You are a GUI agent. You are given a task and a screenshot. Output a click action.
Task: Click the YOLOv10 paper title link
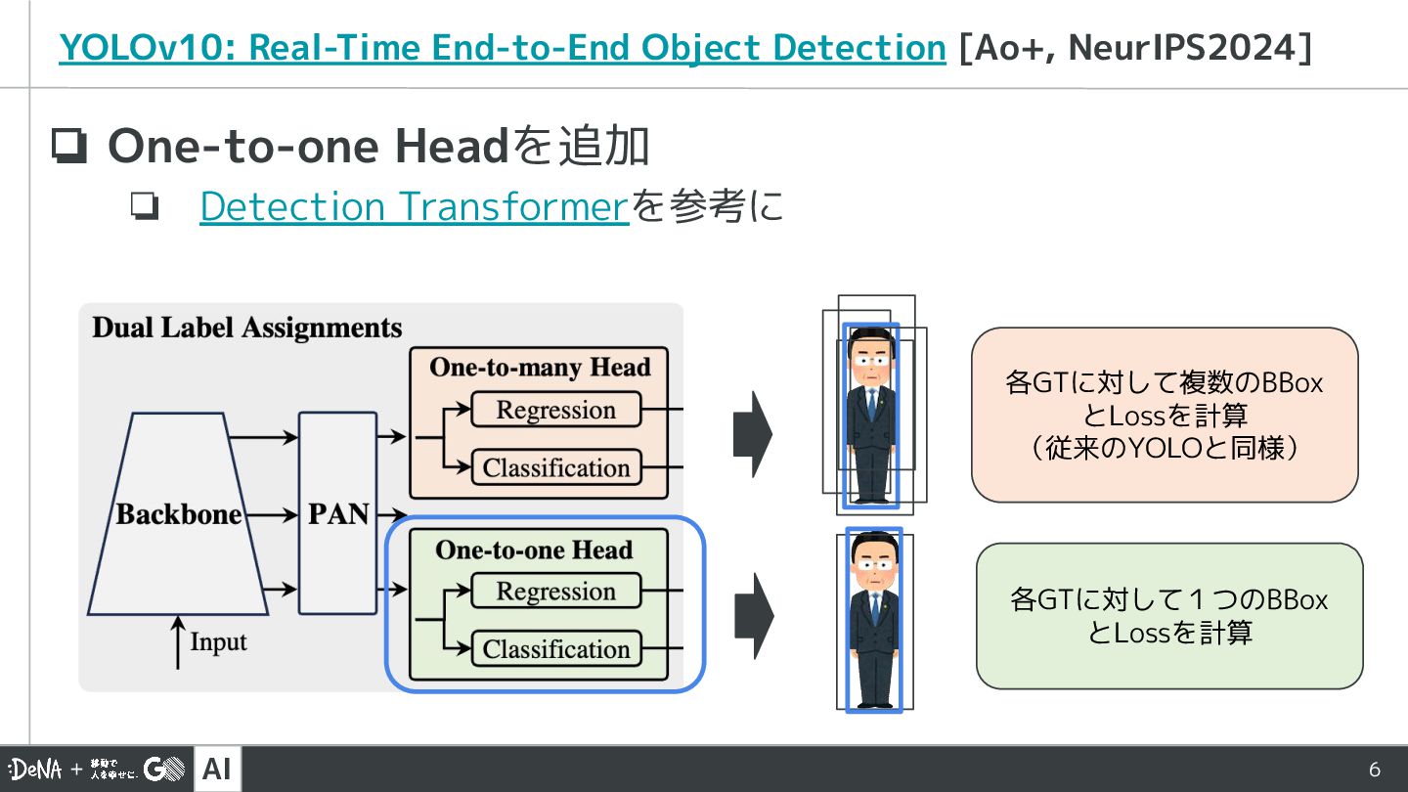coord(502,48)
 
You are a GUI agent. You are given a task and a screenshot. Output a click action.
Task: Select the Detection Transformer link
coord(414,206)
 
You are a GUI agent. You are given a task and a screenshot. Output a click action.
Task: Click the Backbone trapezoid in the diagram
coord(178,514)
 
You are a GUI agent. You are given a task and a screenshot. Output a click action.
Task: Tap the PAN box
coord(337,513)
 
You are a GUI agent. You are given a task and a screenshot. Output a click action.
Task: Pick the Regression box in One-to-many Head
coord(555,410)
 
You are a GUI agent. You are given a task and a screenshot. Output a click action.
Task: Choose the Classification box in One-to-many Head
coord(555,467)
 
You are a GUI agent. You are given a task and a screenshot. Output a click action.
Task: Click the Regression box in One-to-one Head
coord(555,592)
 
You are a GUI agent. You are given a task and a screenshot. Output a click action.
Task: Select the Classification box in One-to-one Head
coord(555,649)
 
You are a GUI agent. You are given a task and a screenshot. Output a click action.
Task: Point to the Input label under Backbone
coord(217,642)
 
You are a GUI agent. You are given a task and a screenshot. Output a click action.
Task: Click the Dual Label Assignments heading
coord(247,328)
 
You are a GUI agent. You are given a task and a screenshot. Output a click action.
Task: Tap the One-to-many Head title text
coord(540,368)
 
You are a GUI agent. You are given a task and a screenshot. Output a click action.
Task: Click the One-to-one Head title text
coord(534,550)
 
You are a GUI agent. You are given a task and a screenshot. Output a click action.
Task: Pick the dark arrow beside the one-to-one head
coord(753,616)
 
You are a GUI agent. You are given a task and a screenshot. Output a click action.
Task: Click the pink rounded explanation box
coord(1164,415)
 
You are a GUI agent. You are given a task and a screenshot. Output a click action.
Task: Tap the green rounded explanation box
coord(1168,616)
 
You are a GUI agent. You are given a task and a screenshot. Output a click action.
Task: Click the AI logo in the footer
coord(217,770)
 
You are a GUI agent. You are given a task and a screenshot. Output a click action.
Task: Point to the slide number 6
coord(1374,770)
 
